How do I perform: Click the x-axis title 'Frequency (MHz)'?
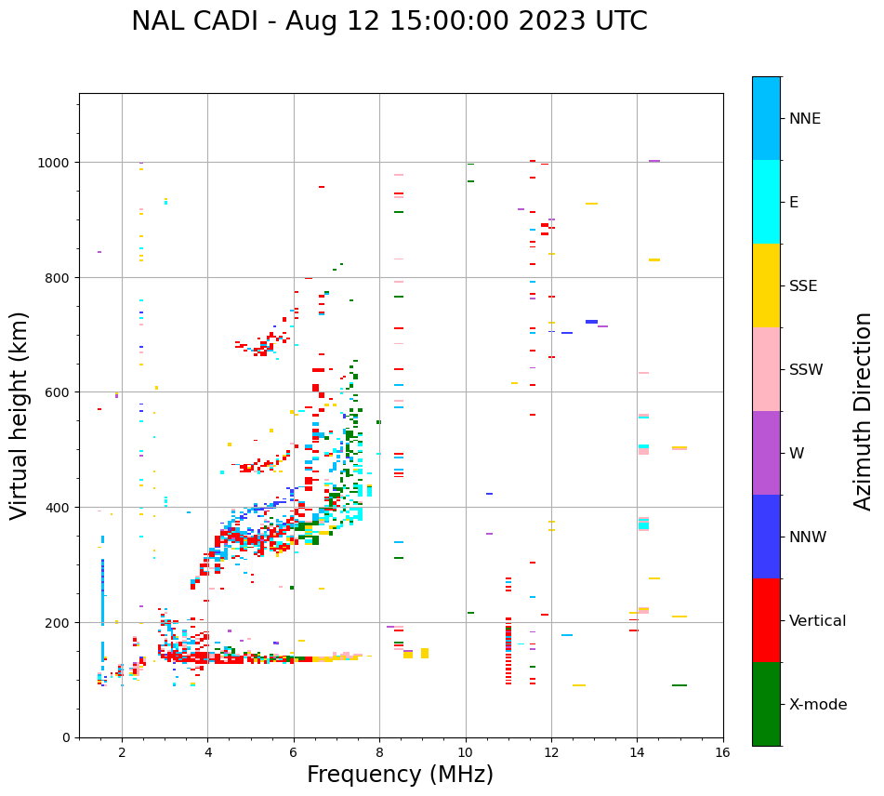[400, 775]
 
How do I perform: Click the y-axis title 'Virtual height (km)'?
[20, 415]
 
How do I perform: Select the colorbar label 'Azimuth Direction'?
[864, 411]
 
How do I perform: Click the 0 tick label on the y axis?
[66, 737]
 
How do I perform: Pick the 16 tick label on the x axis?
[722, 754]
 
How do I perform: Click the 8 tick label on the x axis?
[379, 754]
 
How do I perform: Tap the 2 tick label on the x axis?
[122, 754]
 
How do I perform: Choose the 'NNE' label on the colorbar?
[805, 119]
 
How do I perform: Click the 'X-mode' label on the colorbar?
[818, 705]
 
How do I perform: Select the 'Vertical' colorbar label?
[817, 621]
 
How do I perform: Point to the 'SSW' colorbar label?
[806, 370]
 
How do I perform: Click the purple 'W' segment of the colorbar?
[766, 453]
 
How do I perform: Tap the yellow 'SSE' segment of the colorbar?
[766, 285]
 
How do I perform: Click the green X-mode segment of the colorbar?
[766, 704]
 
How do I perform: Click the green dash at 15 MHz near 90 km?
[679, 685]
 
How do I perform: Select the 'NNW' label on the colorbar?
[809, 537]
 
